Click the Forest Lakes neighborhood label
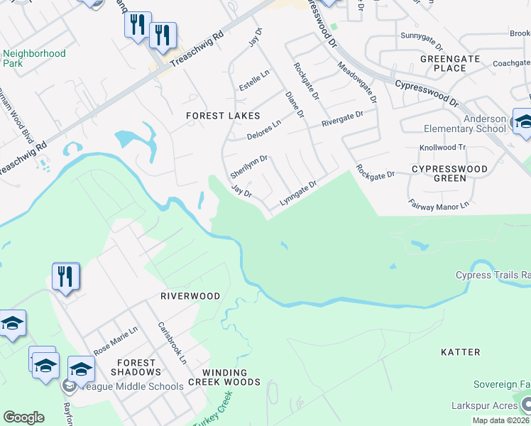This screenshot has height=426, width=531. tap(223, 115)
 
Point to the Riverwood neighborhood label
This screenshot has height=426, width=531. tap(190, 295)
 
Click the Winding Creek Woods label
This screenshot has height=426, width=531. tap(224, 377)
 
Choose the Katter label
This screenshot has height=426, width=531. tap(460, 352)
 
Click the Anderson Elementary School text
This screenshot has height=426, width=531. tap(475, 124)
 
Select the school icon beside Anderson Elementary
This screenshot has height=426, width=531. tap(523, 122)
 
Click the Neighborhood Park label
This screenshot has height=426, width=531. tap(34, 58)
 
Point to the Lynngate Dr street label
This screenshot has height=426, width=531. tap(297, 192)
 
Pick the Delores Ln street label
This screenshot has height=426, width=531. tap(264, 129)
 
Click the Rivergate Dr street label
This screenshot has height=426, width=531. tap(342, 118)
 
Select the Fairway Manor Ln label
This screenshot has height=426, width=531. tap(439, 204)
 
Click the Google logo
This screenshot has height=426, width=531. tap(23, 417)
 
